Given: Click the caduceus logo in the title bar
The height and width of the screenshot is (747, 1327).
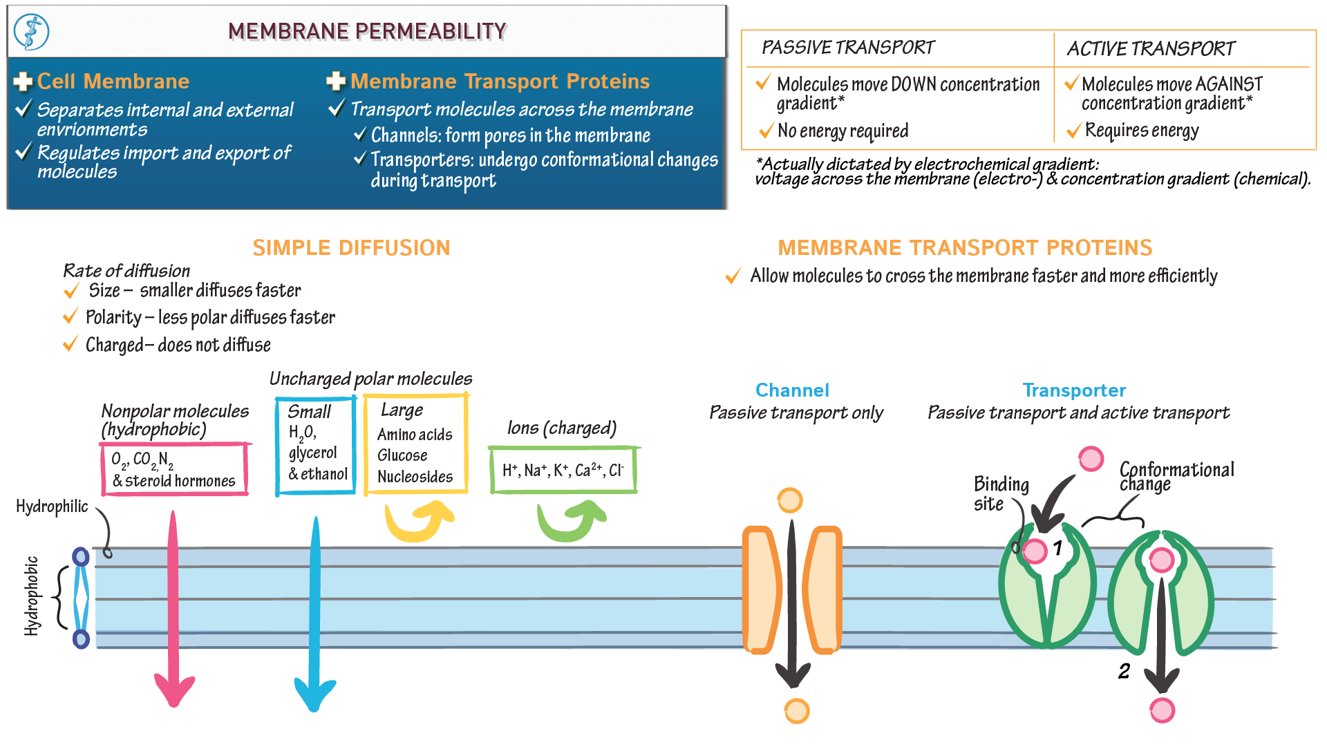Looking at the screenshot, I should point(31,32).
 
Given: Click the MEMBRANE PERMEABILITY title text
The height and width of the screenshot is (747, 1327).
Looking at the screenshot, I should point(367,31).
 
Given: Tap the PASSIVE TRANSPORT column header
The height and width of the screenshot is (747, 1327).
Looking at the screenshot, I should point(847,48).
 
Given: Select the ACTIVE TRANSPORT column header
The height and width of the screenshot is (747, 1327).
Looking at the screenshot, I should point(1150,48).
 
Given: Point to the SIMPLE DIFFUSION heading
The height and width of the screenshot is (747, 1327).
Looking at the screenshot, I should point(351,247).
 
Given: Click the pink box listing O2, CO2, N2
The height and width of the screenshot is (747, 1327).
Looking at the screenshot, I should point(174,469).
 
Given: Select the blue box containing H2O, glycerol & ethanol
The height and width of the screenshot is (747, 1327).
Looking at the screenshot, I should point(316,446).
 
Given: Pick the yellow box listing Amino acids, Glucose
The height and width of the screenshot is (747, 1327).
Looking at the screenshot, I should point(415,444).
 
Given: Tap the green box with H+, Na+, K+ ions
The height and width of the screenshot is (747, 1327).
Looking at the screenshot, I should point(563,470).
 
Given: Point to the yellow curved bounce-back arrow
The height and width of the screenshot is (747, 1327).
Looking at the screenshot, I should point(419,522).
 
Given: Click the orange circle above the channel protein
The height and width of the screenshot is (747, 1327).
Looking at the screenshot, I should point(790,500).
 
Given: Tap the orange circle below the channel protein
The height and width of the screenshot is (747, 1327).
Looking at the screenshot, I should point(797,710).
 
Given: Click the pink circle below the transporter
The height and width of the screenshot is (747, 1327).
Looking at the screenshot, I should point(1163,710).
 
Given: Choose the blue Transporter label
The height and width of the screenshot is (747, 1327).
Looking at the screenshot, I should point(1074,390).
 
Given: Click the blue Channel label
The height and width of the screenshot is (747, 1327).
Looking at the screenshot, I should point(792,390).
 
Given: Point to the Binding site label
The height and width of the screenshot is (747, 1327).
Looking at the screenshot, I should point(1000,493).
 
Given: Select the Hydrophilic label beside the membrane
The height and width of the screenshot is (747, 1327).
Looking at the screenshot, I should point(52,507).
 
